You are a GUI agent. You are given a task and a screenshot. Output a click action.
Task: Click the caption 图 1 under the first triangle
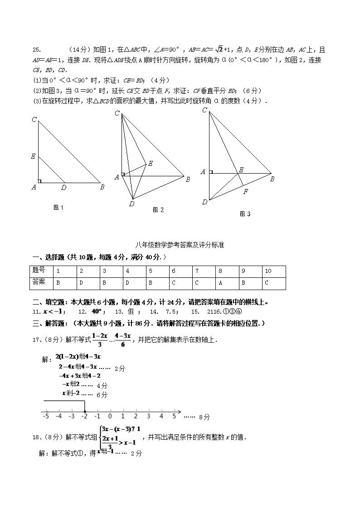pos(58,208)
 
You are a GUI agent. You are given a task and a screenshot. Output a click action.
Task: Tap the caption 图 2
pos(158,210)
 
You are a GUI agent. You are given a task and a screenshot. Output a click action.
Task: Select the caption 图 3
pos(245,214)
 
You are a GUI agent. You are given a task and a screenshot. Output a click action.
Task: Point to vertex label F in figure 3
pos(245,192)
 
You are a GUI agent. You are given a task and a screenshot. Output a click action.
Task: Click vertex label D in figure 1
pos(63,187)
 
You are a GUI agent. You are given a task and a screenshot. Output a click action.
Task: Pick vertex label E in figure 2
pos(151,164)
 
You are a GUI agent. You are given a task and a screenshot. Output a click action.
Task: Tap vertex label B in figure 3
pos(272,179)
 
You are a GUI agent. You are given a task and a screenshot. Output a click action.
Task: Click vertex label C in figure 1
pos(34,120)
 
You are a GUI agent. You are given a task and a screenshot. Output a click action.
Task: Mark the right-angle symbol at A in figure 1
pos(39,181)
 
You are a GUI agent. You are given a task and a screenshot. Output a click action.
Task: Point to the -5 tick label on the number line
pos(45,416)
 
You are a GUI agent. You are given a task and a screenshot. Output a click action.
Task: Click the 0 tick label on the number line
pos(110,416)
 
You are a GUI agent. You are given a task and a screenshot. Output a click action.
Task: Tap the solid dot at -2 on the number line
pos(84,411)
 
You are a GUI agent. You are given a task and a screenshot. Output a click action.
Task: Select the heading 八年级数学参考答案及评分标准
pos(180,245)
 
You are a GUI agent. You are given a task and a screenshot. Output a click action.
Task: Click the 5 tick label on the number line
pos(174,416)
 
